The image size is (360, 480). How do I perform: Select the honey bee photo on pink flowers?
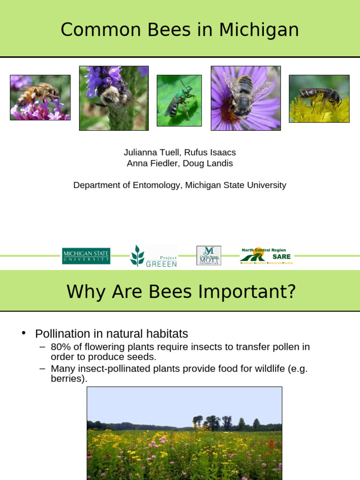tap(40, 97)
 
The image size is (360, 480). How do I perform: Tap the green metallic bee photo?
tap(179, 100)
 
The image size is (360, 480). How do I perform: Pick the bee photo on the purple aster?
tap(246, 98)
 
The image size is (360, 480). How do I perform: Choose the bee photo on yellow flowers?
tap(319, 98)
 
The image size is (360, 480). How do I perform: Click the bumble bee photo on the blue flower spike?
tap(113, 98)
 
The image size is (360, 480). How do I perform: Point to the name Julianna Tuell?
tap(150, 152)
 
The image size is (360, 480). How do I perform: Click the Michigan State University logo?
tap(86, 256)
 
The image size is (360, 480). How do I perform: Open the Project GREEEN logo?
tap(154, 256)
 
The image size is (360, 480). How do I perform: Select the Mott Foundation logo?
tap(209, 255)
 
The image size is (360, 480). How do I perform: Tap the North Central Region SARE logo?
tap(266, 256)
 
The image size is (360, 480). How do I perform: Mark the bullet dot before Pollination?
tap(23, 333)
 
